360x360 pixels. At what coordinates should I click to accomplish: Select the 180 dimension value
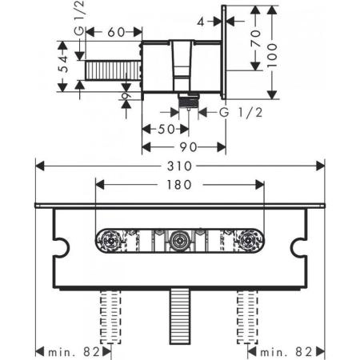[179, 185]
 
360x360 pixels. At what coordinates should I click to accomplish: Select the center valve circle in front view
[179, 240]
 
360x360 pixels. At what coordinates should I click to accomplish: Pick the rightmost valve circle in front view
[251, 240]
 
